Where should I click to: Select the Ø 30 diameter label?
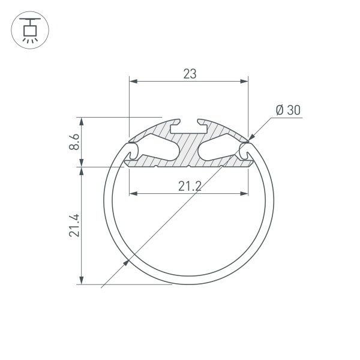coord(289,110)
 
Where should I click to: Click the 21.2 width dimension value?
coord(189,186)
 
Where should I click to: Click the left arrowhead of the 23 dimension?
coord(133,81)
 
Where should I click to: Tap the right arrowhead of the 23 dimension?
coord(244,81)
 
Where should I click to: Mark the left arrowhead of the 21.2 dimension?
coord(134,193)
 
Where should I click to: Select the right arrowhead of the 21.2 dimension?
coord(243,193)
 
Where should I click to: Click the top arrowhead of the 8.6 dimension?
coord(82,120)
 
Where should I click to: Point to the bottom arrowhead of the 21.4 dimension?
coord(82,280)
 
